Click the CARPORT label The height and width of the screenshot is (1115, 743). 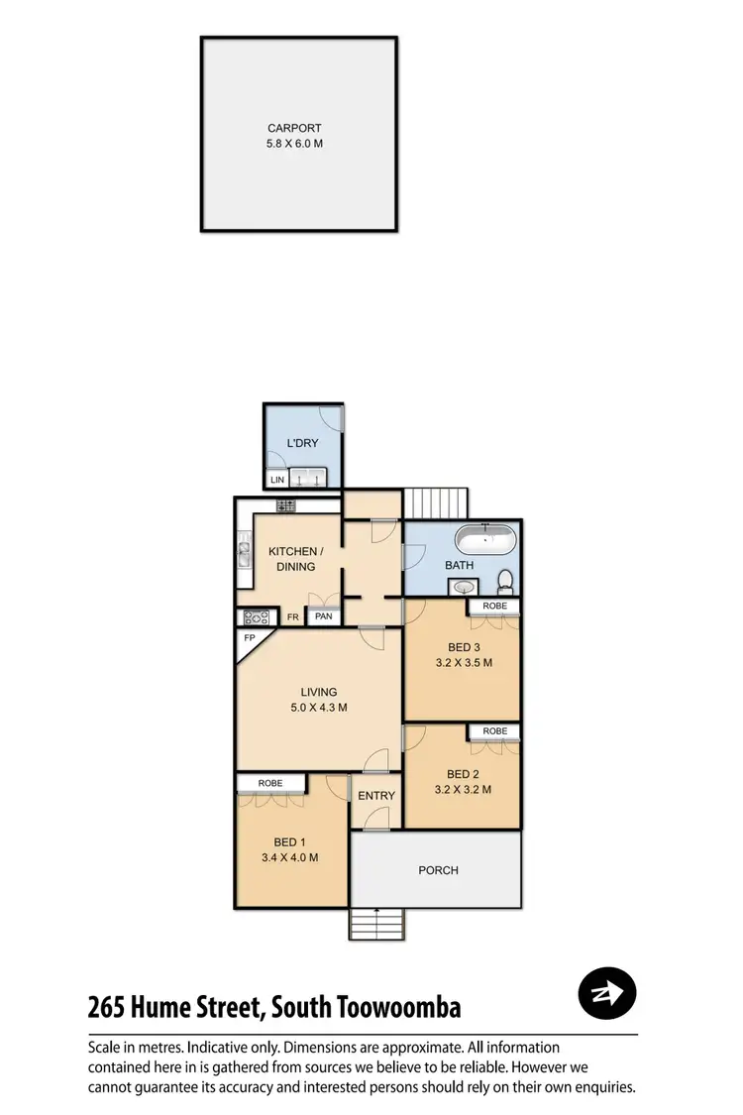[x=294, y=128]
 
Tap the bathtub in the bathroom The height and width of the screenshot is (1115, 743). [x=484, y=541]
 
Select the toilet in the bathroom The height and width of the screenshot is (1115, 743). [x=505, y=579]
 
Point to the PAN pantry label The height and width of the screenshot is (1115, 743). [x=323, y=616]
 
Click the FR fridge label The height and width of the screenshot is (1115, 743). [x=292, y=616]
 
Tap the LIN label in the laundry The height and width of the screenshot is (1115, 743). [x=276, y=481]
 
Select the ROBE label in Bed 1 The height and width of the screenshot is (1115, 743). [x=270, y=783]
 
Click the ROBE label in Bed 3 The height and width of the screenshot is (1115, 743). [x=494, y=606]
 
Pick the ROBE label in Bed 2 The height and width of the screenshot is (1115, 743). [x=494, y=731]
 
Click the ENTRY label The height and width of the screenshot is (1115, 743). [x=376, y=796]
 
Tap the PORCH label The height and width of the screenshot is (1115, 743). [x=438, y=870]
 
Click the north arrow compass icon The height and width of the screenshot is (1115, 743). [x=606, y=991]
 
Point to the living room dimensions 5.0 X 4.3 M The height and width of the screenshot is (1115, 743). [x=319, y=708]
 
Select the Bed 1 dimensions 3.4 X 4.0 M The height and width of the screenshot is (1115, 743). [x=291, y=858]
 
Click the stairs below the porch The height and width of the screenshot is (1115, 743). [x=376, y=925]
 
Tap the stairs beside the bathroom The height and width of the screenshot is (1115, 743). [x=437, y=502]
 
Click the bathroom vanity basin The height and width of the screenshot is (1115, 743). [x=464, y=588]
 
